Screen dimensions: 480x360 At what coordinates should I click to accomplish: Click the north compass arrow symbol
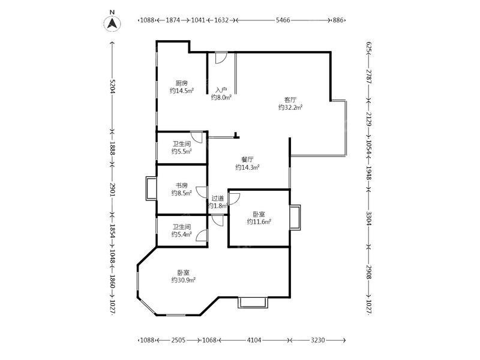coord(112,23)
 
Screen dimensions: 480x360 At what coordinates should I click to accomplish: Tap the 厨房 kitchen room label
coord(182,83)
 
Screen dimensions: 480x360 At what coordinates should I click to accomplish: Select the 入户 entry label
coord(221,90)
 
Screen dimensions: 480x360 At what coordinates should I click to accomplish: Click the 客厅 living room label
coord(290,100)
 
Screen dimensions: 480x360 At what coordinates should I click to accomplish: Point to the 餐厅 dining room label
coord(247,160)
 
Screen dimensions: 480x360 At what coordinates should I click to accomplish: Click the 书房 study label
coord(182,185)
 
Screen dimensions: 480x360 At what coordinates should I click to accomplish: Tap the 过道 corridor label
coord(218,198)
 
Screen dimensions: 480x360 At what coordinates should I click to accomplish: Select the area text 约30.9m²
coord(184,280)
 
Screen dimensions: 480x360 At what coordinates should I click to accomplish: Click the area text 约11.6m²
coord(259,221)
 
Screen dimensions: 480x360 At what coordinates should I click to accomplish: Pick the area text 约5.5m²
coord(182,151)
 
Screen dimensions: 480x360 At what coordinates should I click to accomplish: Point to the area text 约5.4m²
coord(182,234)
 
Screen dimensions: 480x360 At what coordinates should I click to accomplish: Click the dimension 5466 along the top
coord(283,20)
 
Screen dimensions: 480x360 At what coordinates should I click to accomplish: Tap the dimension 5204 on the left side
coord(112,86)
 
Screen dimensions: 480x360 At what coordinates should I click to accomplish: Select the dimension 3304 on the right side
coord(369,218)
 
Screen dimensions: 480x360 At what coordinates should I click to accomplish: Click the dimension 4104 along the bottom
coord(254,340)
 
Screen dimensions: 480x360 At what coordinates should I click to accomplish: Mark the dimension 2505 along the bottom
coord(178,340)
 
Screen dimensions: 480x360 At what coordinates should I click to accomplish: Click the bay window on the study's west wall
coord(151,188)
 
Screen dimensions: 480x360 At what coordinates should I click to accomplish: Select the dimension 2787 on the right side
coord(369,77)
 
